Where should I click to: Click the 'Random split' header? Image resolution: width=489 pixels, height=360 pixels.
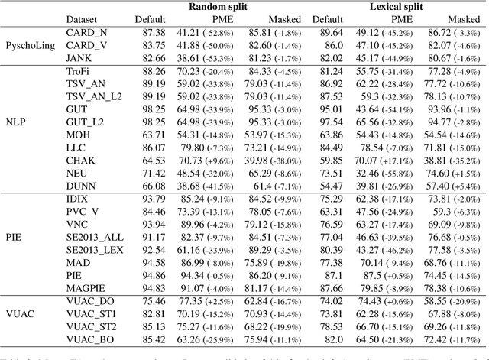(217, 7)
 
